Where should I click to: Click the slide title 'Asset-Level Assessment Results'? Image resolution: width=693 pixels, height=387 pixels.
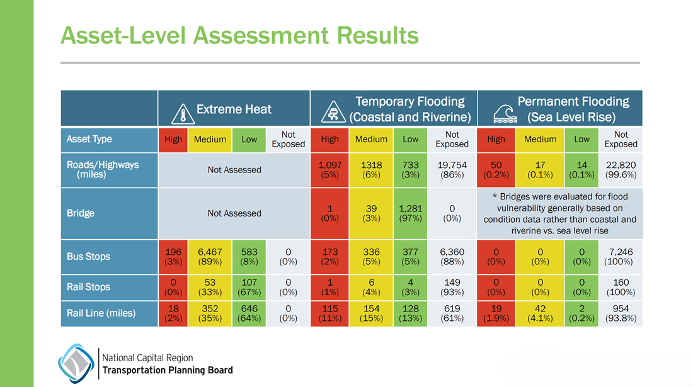pyautogui.click(x=239, y=35)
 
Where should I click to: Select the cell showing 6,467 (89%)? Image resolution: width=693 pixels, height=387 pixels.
pyautogui.click(x=210, y=257)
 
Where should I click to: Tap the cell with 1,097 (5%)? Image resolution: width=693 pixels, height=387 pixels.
pyautogui.click(x=329, y=170)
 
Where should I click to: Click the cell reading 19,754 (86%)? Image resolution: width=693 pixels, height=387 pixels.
pyautogui.click(x=452, y=170)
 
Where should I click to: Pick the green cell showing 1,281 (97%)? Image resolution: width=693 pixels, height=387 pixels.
pyautogui.click(x=410, y=213)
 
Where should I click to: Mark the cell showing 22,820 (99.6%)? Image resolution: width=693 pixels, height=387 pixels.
pyautogui.click(x=621, y=170)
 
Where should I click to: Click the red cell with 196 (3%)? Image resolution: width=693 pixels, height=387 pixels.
pyautogui.click(x=173, y=257)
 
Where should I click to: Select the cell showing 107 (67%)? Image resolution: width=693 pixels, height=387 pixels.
pyautogui.click(x=249, y=287)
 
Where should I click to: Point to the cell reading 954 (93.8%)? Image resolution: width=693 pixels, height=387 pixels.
pyautogui.click(x=621, y=313)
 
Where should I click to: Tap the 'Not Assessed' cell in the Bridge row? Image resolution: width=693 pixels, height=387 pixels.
pyautogui.click(x=234, y=213)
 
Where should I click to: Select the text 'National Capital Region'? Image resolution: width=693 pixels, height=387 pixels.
pyautogui.click(x=147, y=357)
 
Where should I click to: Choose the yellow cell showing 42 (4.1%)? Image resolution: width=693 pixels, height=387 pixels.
pyautogui.click(x=540, y=313)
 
